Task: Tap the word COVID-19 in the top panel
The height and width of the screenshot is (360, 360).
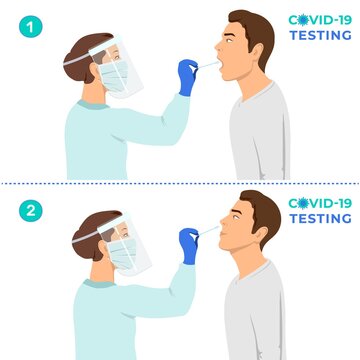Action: point(319,19)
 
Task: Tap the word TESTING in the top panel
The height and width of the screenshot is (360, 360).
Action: point(320,35)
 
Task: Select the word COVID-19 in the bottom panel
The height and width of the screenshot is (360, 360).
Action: point(319,204)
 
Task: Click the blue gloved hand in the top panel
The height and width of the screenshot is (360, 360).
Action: point(187,76)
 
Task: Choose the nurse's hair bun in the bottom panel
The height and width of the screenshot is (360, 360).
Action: point(79,239)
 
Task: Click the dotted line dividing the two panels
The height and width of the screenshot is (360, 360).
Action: point(180,182)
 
